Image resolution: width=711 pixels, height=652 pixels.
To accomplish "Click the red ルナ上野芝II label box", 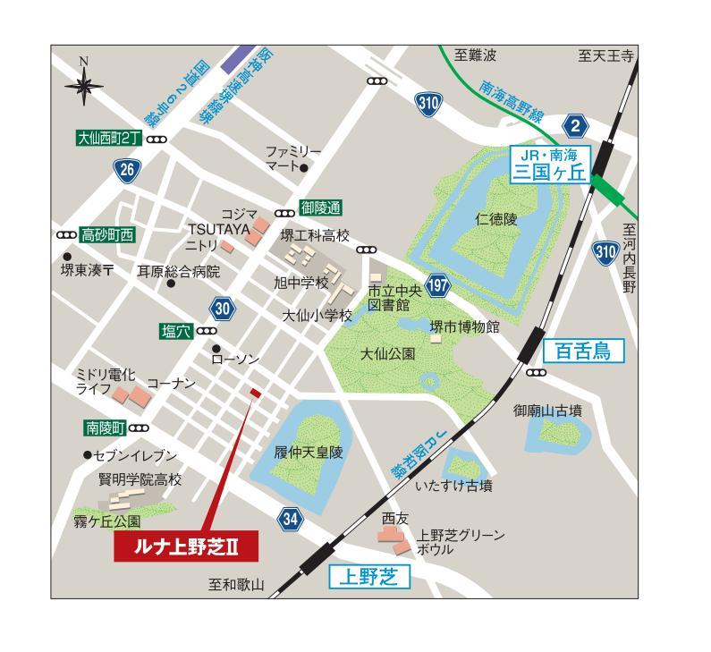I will pyautogui.click(x=184, y=545).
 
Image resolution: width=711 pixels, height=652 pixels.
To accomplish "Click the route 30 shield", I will pyautogui.click(x=223, y=309).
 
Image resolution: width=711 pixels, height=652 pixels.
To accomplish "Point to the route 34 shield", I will pyautogui.click(x=289, y=519).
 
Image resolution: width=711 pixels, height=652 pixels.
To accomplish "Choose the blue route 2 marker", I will pyautogui.click(x=577, y=123).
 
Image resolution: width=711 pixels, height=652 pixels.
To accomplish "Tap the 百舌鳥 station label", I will pyautogui.click(x=581, y=350).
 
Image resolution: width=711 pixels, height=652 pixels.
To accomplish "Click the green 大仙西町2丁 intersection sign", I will pyautogui.click(x=109, y=139).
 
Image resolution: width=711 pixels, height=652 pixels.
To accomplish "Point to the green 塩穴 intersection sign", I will pyautogui.click(x=176, y=331).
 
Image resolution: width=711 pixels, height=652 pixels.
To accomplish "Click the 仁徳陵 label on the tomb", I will pyautogui.click(x=496, y=217).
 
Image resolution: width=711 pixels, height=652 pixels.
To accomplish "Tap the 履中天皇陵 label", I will pyautogui.click(x=309, y=453).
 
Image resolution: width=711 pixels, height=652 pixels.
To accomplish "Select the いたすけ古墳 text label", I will pyautogui.click(x=453, y=487).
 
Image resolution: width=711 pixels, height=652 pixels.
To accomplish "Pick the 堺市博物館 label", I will pyautogui.click(x=464, y=327).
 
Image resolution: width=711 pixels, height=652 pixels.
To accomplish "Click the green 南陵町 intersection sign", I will pyautogui.click(x=106, y=428).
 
